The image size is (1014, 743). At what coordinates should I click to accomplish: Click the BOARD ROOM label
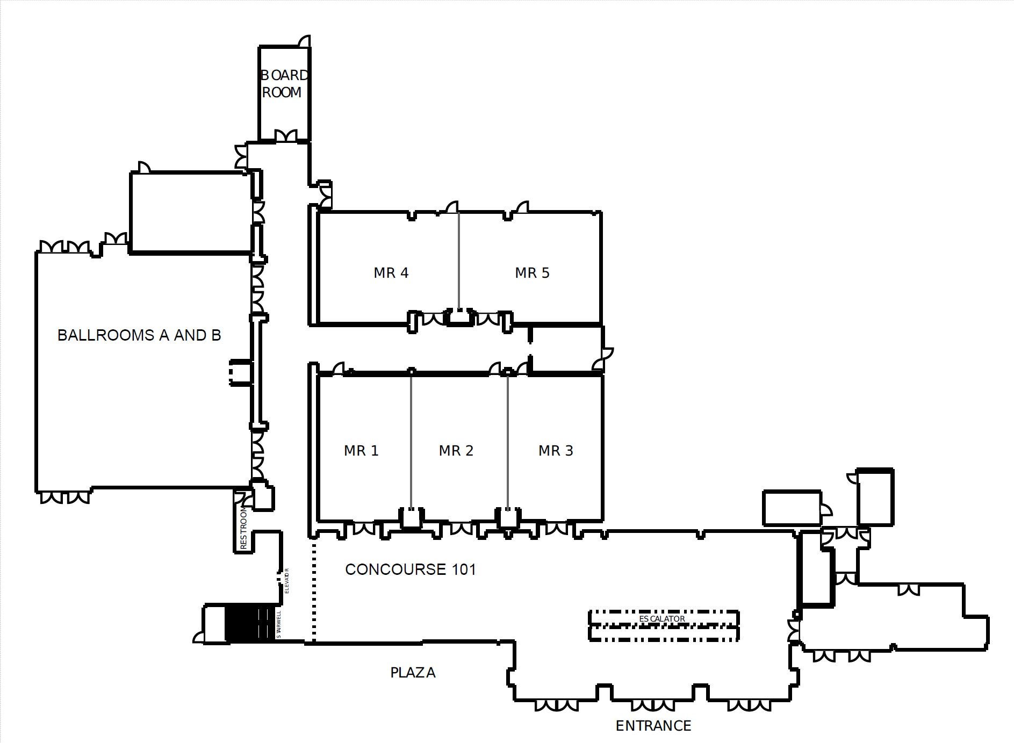[284, 83]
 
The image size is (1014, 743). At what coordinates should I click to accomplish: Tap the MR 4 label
[391, 273]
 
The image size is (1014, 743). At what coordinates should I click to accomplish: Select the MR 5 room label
[532, 273]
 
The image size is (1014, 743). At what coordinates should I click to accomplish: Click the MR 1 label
[361, 450]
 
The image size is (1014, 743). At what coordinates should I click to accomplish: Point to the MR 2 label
[456, 450]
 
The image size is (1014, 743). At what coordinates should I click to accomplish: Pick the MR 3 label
[556, 450]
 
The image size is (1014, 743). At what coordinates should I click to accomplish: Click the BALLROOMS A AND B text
[139, 335]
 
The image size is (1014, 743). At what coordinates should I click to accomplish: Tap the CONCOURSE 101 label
[411, 569]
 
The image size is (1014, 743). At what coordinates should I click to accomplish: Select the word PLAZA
[413, 673]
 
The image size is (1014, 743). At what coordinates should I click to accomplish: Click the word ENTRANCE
[653, 726]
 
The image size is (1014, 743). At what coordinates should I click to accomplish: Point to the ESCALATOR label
[662, 619]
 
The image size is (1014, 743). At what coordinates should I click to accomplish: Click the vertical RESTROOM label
[243, 526]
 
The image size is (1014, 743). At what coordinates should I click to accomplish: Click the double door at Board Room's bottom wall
[285, 135]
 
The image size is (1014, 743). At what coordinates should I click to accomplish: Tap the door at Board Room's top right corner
[305, 41]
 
